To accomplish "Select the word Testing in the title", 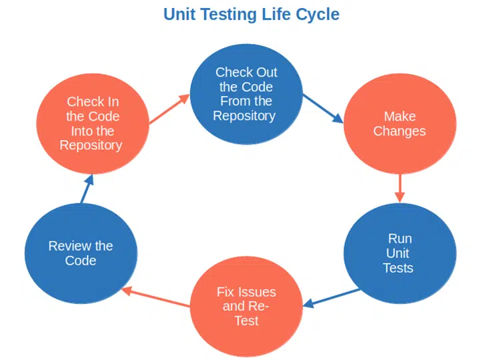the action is coord(229,15).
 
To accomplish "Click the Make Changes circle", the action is coord(400,123).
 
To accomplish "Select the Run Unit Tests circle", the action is coord(400,253).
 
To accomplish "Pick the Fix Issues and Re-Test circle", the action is coord(247,306).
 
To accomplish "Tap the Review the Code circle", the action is coord(81,253).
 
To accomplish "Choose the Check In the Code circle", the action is coord(93,123).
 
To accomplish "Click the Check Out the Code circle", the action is coord(247,94).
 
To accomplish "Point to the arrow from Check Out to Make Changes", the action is coord(323,109).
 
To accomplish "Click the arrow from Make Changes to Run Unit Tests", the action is coord(400,188).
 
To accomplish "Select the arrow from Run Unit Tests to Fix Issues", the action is coord(332,298).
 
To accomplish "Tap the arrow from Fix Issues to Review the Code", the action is coord(155,297).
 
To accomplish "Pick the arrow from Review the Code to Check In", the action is coord(87,189).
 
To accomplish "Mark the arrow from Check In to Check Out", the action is coord(169,109).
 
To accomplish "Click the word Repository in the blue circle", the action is coord(244,116).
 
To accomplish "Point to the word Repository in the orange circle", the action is coord(91,146).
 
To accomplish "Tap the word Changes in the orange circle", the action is coord(400,131).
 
